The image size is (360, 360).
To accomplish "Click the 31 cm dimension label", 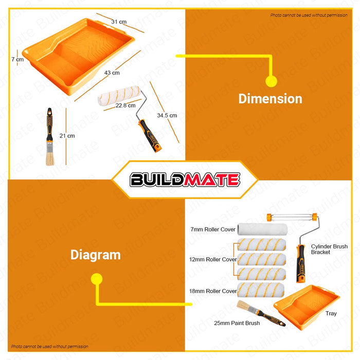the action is [x=119, y=22].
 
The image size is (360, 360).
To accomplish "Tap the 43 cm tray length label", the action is [x=112, y=73].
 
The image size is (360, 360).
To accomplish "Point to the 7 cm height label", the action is [x=17, y=59].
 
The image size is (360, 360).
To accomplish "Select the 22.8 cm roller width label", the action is [x=125, y=105].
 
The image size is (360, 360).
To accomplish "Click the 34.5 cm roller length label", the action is [x=167, y=115].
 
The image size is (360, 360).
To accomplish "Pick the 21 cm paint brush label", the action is [x=67, y=136].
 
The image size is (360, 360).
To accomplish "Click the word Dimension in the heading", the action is [x=270, y=99].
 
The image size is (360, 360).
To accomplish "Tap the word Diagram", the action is [x=96, y=255].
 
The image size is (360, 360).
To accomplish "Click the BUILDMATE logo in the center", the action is [x=185, y=179].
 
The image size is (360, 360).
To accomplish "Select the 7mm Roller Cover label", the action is [x=213, y=229].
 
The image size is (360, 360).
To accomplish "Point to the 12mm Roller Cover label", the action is [x=213, y=259].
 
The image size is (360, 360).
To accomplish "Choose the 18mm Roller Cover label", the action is [x=213, y=291].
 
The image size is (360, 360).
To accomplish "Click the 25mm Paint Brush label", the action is [x=237, y=323].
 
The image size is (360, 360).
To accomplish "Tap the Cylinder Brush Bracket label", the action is [x=329, y=249].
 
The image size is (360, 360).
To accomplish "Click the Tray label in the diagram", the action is [x=331, y=313].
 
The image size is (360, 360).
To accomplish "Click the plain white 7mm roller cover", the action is [x=262, y=229].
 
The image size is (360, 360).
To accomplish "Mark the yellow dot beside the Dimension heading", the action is [x=271, y=81].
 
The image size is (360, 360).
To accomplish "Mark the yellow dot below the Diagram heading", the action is [x=97, y=279].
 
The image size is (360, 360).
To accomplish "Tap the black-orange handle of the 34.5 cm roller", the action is [x=150, y=136].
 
